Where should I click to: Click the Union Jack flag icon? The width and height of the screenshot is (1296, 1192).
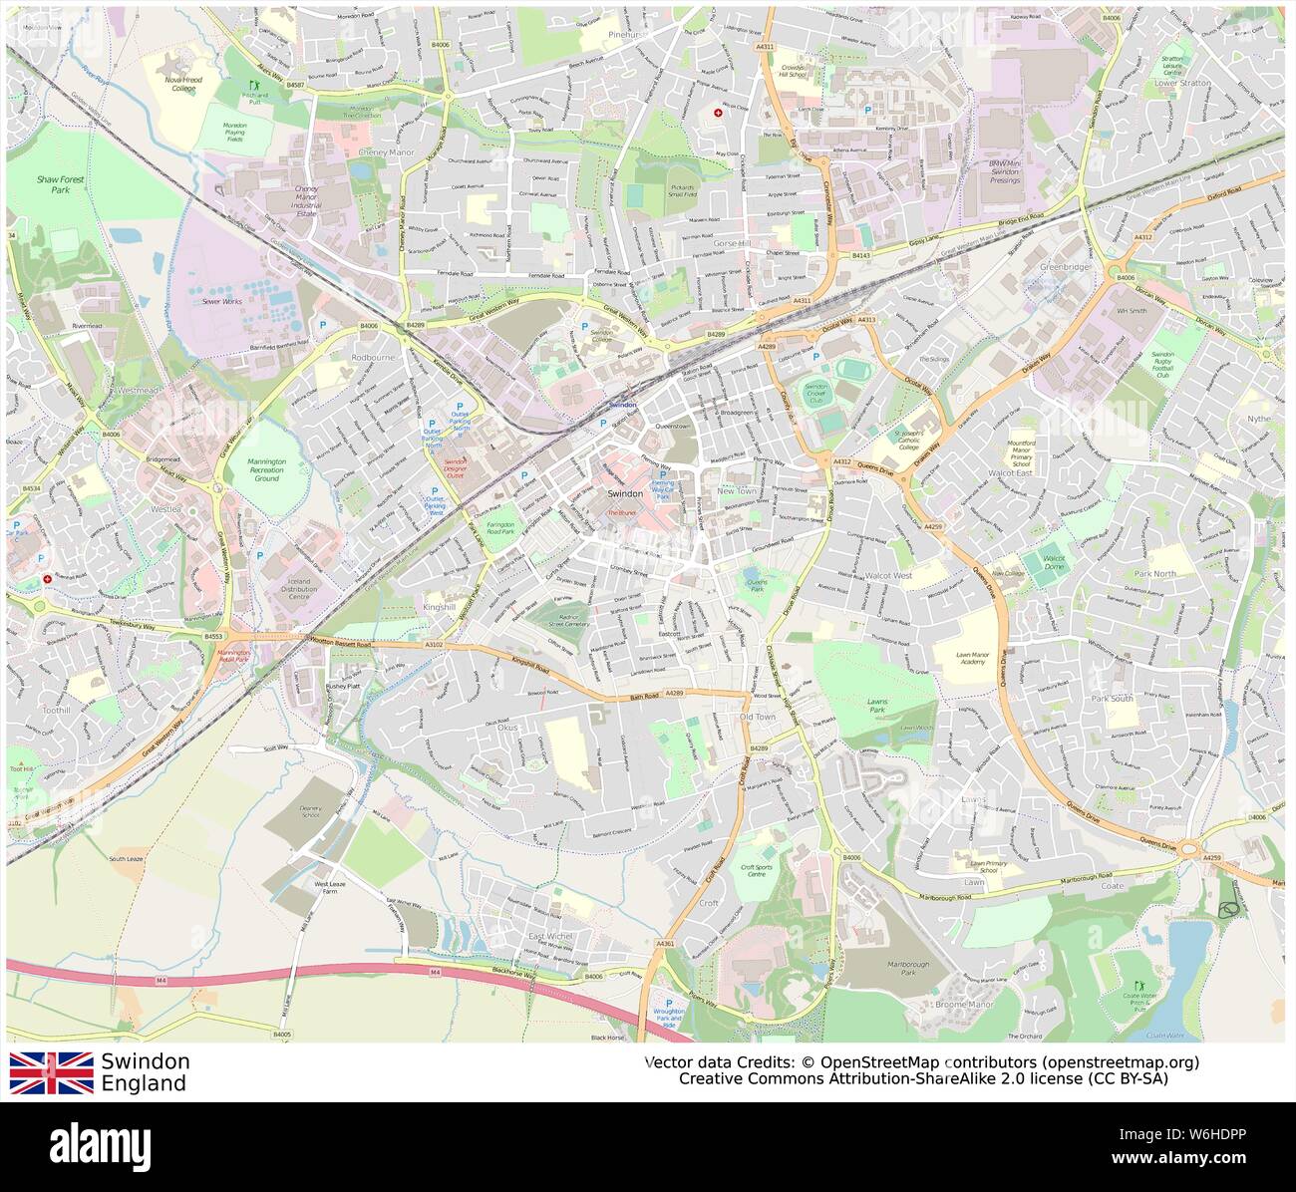52,1073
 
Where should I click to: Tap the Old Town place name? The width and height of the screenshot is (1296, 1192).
757,717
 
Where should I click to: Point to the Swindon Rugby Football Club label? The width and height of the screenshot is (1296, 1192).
1171,366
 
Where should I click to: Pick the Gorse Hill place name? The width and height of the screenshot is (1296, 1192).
737,242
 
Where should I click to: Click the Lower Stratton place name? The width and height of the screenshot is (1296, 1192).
1181,84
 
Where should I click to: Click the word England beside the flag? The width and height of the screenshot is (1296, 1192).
144,1084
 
